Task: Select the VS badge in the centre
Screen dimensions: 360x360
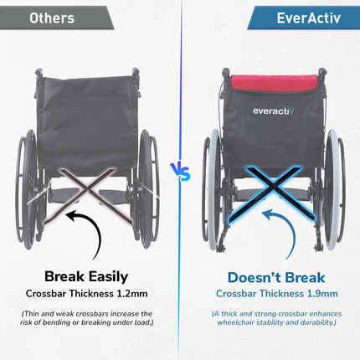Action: [x=180, y=174]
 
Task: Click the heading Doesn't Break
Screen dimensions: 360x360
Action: [x=276, y=275]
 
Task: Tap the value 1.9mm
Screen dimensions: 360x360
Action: [x=322, y=293]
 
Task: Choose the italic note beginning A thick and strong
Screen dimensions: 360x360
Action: [x=276, y=319]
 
